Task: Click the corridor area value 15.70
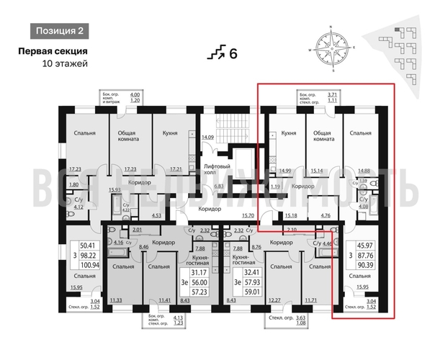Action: pyautogui.click(x=249, y=215)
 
